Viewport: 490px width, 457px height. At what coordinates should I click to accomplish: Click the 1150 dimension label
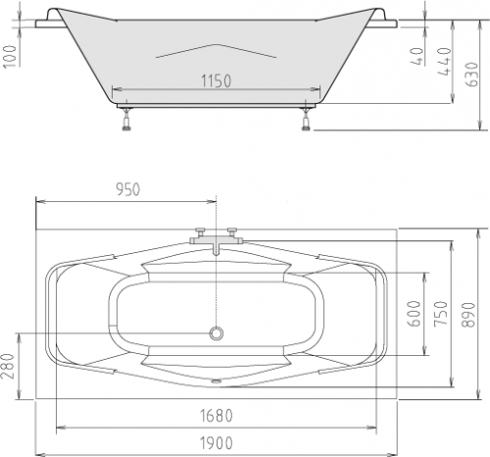(216, 81)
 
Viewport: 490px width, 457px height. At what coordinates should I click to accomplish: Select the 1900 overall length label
(217, 443)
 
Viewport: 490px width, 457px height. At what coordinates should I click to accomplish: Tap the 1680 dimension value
(217, 416)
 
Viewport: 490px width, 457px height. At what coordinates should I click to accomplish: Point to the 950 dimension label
(128, 189)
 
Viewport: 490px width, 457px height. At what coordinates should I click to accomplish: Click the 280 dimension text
(8, 366)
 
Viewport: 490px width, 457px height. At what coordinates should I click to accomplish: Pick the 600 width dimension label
(415, 314)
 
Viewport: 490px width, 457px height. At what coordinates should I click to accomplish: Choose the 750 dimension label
(441, 314)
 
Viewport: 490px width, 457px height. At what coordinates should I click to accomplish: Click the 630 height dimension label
(471, 75)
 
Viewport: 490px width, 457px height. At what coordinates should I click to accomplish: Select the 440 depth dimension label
(444, 61)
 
